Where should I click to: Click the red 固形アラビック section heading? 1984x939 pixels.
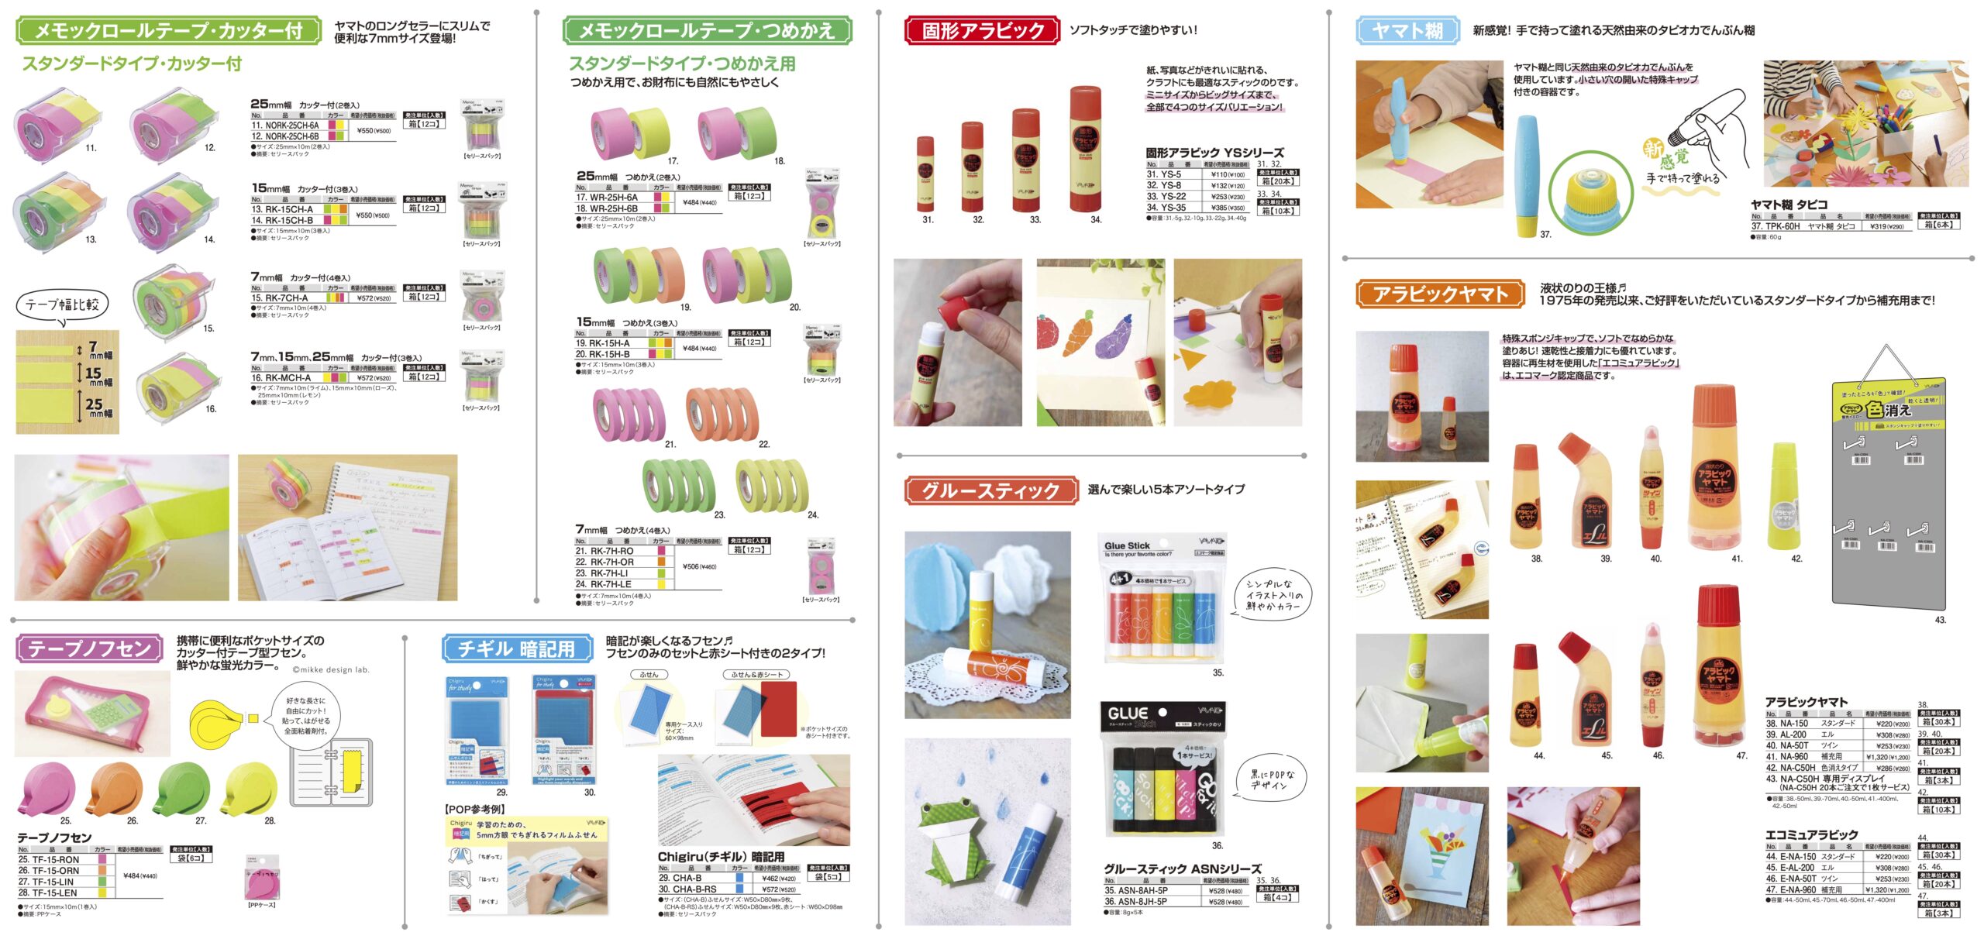point(982,31)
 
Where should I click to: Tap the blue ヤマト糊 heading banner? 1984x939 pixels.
point(1407,31)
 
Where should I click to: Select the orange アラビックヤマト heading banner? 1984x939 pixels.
point(1440,294)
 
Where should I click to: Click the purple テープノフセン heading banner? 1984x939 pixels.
point(89,648)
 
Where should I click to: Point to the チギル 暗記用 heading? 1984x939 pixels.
point(516,648)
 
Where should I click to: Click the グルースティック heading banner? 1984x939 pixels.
point(990,490)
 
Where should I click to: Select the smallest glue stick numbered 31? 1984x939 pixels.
point(925,174)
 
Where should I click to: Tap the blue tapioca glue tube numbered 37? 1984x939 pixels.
point(1526,174)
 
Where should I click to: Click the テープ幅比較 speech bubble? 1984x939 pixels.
point(62,304)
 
